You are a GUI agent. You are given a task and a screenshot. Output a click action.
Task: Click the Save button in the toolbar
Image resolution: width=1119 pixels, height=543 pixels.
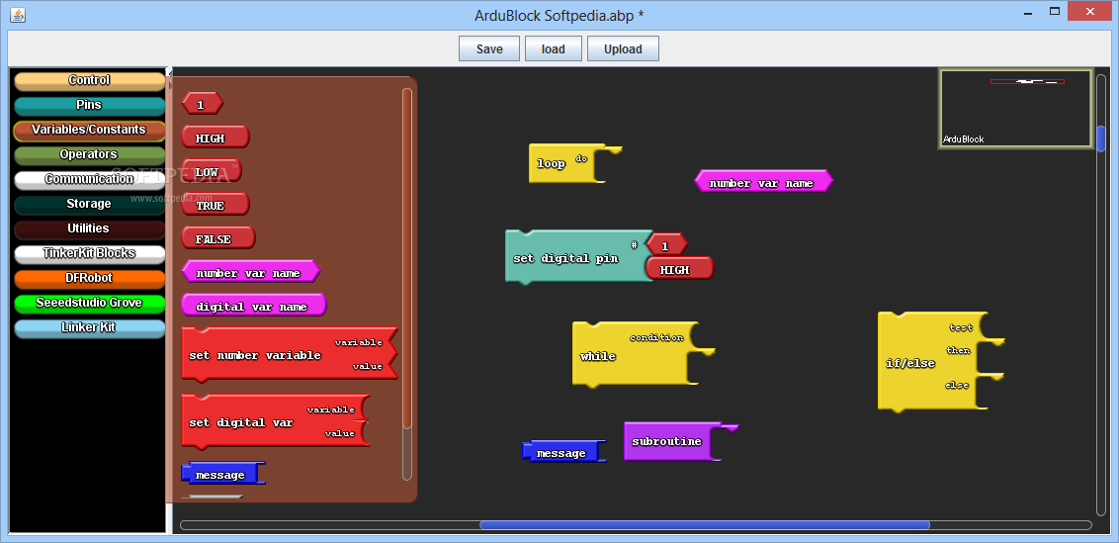489,48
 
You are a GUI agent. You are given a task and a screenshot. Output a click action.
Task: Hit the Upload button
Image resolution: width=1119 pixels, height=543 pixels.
623,48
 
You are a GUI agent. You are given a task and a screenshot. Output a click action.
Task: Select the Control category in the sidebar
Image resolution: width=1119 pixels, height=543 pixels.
89,81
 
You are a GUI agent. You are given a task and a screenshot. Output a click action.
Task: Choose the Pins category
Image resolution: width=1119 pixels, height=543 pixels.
89,106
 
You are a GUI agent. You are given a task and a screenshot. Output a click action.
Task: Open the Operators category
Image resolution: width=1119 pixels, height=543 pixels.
89,155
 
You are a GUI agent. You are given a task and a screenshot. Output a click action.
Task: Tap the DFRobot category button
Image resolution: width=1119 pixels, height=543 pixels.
89,279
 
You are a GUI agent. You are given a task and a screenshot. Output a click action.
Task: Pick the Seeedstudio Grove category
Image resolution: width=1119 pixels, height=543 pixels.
89,303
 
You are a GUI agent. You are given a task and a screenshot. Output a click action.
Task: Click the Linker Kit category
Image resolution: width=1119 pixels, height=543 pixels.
89,328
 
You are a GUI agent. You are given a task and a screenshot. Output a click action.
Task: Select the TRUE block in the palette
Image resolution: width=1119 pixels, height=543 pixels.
215,205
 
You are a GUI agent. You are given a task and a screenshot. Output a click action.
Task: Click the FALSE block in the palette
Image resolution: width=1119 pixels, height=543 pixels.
218,238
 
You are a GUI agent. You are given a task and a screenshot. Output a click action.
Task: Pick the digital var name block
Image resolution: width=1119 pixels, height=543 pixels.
253,306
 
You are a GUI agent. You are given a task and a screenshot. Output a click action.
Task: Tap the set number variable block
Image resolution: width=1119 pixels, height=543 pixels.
289,354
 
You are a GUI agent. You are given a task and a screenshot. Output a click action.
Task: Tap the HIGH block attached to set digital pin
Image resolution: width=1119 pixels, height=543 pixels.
679,269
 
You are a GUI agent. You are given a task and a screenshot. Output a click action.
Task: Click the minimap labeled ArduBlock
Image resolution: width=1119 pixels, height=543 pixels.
1015,109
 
